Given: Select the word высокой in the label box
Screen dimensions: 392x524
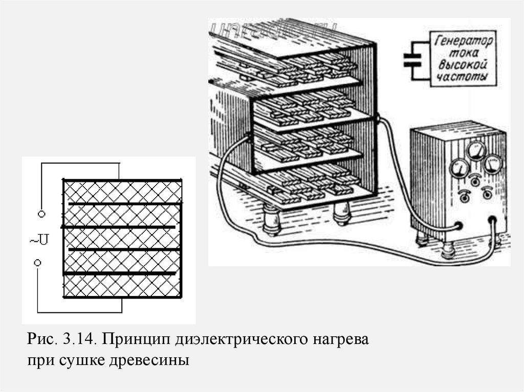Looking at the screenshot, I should click(462, 65).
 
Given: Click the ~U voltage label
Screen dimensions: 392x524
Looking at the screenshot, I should click(39, 239).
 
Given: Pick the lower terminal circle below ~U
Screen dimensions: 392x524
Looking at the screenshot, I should click(38, 263).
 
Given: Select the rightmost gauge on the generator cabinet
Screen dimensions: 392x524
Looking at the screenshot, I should click(492, 165).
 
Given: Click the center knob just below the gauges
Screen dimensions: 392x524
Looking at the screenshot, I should click(476, 179).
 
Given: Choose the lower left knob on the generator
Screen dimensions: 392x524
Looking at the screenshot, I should click(465, 195).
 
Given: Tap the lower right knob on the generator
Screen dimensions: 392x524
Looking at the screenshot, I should click(487, 193).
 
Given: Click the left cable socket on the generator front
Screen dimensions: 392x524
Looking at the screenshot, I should click(459, 225).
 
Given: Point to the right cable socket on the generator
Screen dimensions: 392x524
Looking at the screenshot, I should click(493, 221).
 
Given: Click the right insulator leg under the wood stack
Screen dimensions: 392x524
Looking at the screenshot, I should click(341, 212).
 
